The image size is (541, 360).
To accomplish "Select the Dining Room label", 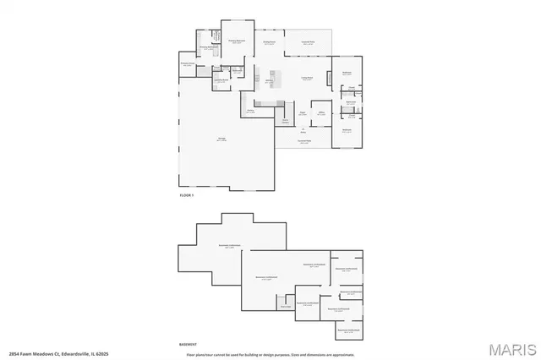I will (270, 43).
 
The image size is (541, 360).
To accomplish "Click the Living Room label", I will (308, 78).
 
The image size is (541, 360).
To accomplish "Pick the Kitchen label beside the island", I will (269, 83).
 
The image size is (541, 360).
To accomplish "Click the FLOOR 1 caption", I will (187, 195).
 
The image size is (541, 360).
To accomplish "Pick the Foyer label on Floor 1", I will (302, 112).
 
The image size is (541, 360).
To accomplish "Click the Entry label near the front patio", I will (303, 129).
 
